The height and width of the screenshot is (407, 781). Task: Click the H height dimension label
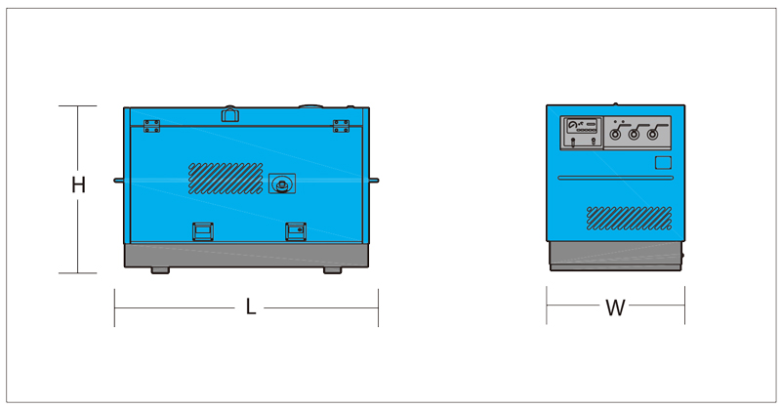[78, 184]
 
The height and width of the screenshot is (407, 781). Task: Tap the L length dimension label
[251, 306]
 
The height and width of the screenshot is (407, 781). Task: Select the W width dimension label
[615, 307]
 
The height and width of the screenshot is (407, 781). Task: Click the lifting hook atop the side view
[230, 114]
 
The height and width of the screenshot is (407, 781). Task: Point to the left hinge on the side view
[151, 126]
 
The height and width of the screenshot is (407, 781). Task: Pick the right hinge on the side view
[341, 126]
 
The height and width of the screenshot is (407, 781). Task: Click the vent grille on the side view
[226, 179]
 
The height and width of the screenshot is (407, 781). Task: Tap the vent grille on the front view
[629, 219]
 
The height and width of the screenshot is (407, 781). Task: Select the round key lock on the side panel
[282, 183]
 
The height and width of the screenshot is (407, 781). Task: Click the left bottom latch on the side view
[203, 231]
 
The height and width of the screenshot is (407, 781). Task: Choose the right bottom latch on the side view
[296, 231]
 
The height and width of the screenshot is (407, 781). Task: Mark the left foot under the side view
[160, 270]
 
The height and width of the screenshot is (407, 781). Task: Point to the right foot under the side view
[332, 270]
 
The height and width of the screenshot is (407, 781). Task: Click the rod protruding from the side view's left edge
[119, 181]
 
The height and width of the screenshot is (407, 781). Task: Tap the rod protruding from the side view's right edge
[374, 181]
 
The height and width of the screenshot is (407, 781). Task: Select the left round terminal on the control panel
[616, 135]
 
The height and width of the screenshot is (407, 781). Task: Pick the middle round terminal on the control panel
[634, 135]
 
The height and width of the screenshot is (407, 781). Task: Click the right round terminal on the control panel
[652, 135]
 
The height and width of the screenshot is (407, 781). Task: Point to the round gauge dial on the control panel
[572, 126]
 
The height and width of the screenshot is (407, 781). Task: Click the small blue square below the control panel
[663, 163]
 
